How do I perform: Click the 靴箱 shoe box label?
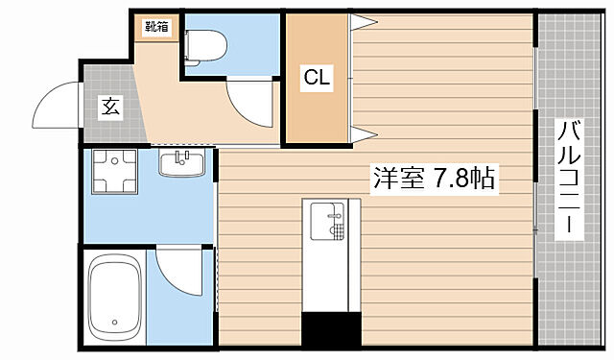point(157,27)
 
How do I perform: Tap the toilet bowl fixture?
point(206,43)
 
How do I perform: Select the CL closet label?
point(317,79)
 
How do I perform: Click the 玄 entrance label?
point(109,107)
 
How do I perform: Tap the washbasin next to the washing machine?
point(181,165)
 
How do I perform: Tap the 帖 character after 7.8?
point(488,179)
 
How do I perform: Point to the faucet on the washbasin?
point(181,157)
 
